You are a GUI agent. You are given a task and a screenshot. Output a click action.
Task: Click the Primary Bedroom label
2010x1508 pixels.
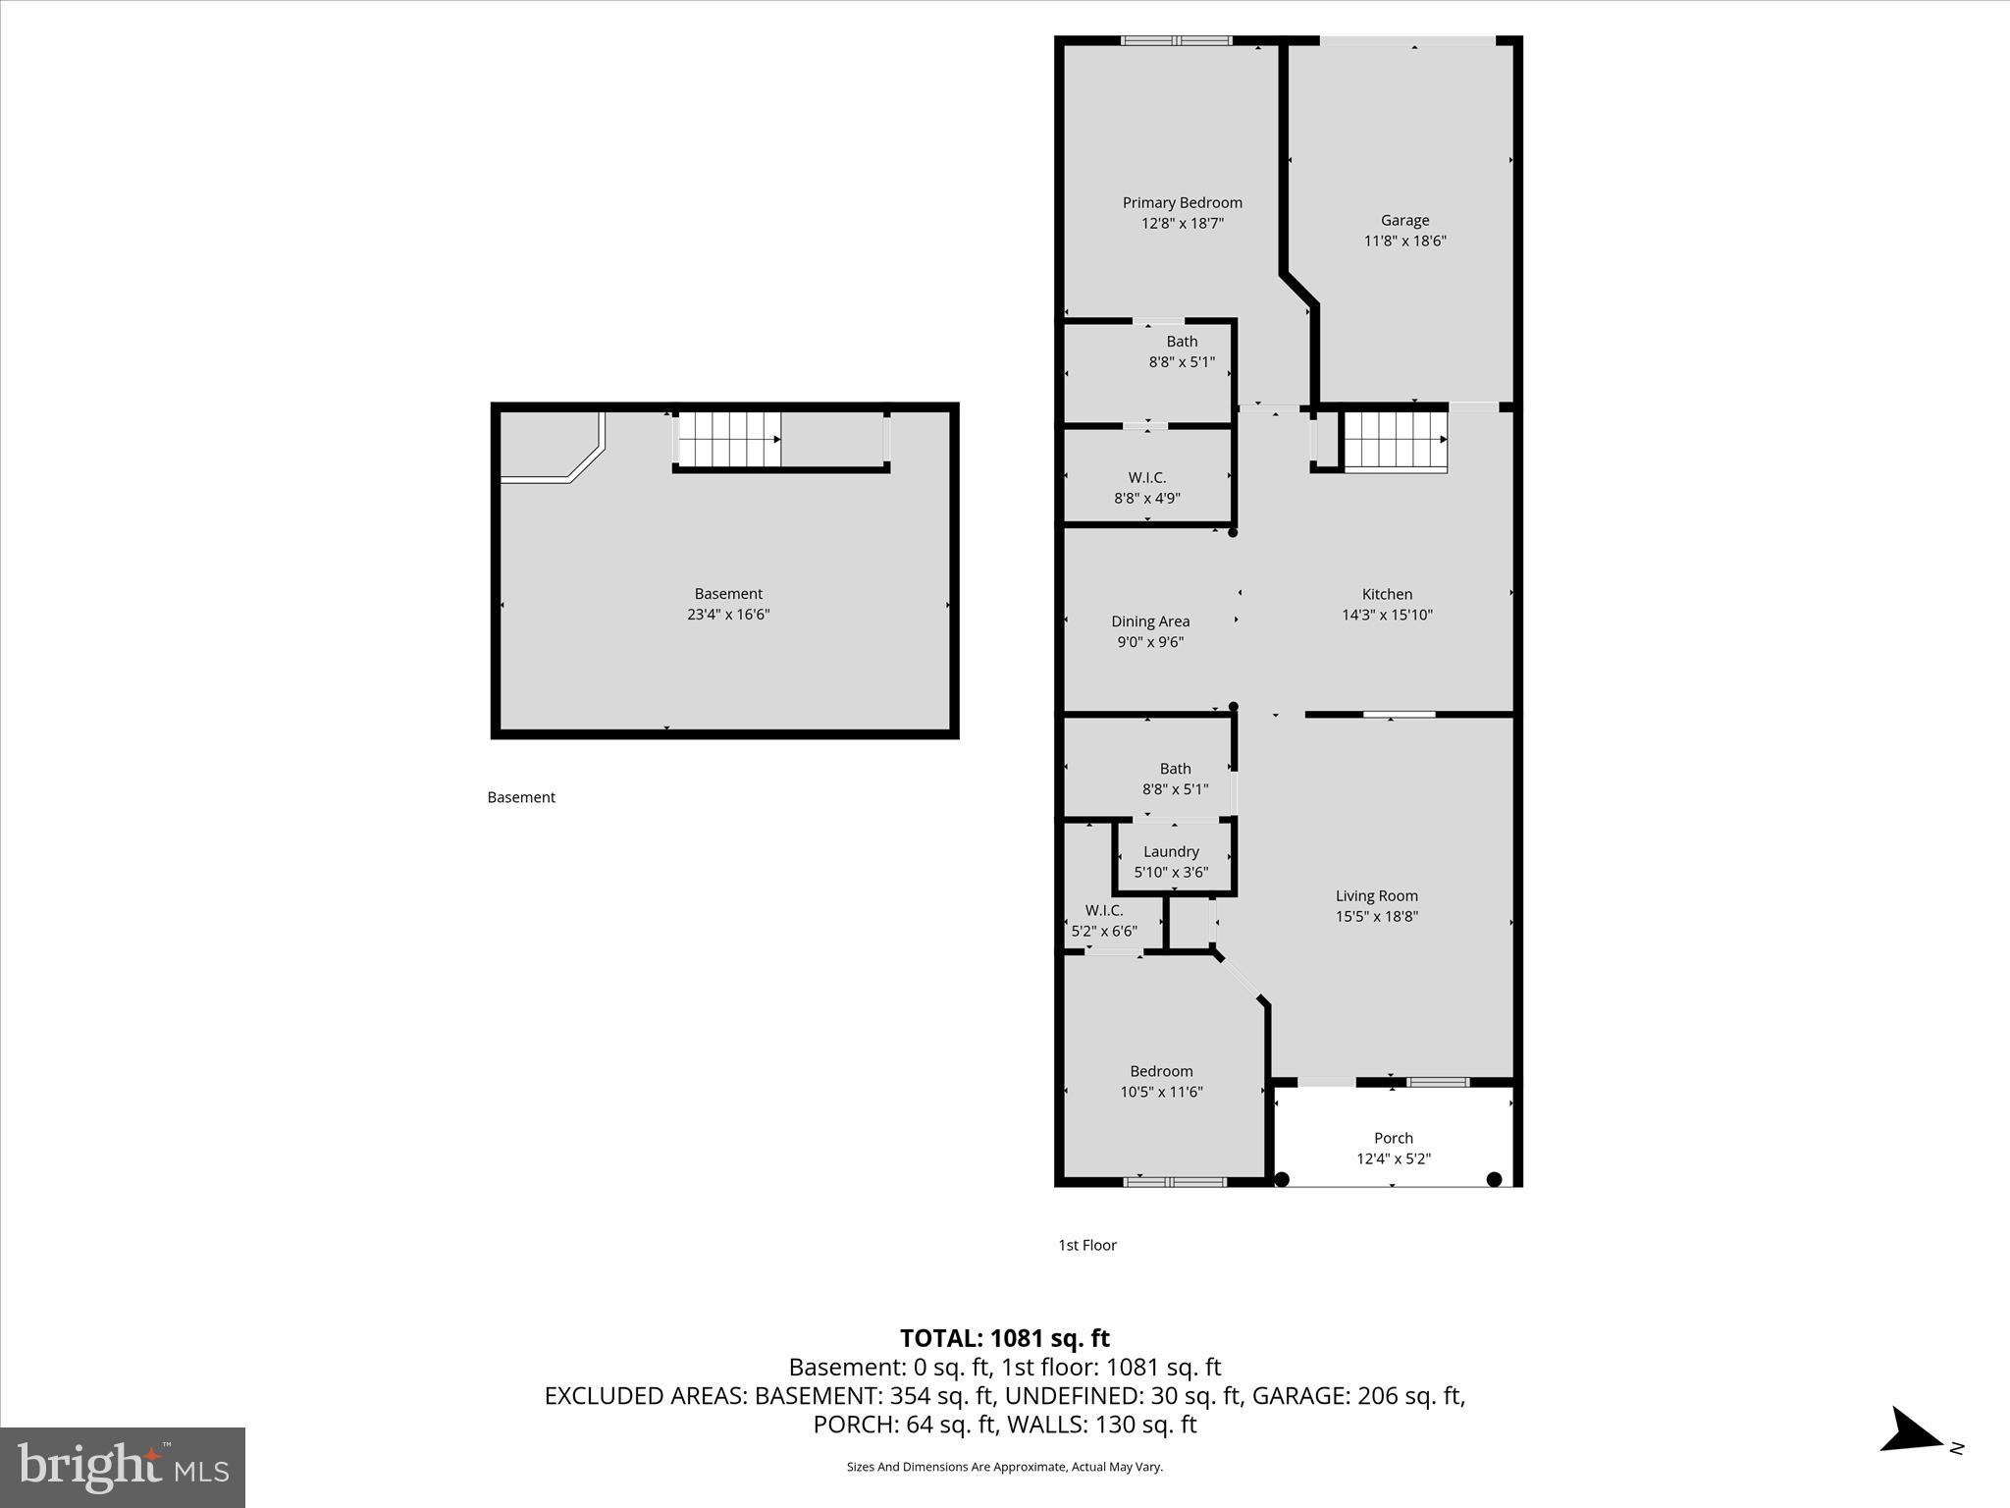[x=1182, y=202]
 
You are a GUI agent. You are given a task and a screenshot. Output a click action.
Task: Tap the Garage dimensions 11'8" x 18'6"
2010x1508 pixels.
[x=1404, y=241]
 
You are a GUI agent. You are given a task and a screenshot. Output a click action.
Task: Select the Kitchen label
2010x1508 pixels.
[x=1387, y=594]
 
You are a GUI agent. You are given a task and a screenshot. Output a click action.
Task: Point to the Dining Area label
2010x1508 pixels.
[x=1150, y=621]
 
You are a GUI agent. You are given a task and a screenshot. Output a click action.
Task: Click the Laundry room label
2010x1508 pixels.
[x=1171, y=851]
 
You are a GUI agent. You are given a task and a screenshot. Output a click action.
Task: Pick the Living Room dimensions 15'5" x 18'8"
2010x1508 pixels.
[x=1376, y=916]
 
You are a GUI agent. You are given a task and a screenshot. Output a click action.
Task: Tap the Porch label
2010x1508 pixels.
[x=1393, y=1138]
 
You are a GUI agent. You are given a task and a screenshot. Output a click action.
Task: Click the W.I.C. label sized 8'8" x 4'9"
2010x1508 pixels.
[x=1146, y=478]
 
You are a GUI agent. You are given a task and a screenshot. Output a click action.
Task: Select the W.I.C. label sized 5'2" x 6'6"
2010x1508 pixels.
[x=1104, y=910]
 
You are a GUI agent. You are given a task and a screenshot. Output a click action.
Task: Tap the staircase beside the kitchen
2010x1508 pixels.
[x=1395, y=441]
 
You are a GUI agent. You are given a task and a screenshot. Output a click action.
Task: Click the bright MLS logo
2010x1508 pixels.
[x=123, y=1467]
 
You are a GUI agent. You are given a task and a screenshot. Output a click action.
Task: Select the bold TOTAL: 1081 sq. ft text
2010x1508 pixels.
[x=1004, y=1338]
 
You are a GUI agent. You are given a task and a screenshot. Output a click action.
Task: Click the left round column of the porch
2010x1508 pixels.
[x=1281, y=1179]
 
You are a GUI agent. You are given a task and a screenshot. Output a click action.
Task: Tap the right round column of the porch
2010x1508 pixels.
[x=1494, y=1179]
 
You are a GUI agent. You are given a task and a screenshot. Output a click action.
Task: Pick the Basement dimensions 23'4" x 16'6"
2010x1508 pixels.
[x=728, y=615]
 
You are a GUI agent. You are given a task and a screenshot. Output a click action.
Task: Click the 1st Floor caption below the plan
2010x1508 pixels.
[x=1086, y=1245]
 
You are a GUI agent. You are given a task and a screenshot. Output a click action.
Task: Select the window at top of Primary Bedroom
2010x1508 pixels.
[x=1176, y=41]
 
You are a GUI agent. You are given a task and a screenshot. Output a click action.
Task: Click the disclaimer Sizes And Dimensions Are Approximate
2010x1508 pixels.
[x=1004, y=1467]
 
